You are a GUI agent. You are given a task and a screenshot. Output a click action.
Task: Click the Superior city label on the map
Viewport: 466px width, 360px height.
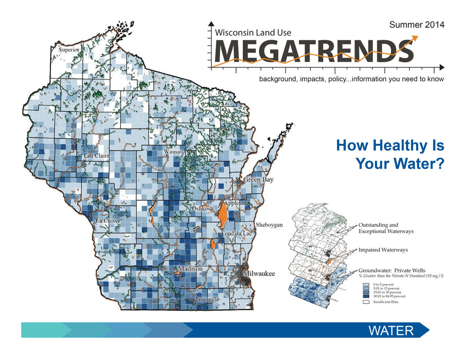[x=69, y=50]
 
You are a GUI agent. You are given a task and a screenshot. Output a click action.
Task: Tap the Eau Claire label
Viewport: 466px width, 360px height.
[x=95, y=155]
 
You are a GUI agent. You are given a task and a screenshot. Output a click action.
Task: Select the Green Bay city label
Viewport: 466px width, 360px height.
[x=258, y=180]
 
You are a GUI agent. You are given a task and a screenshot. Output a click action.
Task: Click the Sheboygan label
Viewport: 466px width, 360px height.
[x=270, y=226]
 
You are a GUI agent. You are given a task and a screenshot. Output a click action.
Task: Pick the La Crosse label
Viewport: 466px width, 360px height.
[x=108, y=221]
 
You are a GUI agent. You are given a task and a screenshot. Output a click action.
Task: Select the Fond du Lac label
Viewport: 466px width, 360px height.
[x=236, y=233]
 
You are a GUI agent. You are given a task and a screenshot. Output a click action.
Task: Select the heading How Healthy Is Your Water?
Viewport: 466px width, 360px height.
[x=390, y=155]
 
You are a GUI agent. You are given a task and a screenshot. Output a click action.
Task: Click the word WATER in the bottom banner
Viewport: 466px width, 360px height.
[x=391, y=330]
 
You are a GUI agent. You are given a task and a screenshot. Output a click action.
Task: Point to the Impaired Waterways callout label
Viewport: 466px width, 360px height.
[x=383, y=250]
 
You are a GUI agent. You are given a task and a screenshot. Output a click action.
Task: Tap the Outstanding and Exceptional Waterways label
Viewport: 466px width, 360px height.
[x=385, y=228]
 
